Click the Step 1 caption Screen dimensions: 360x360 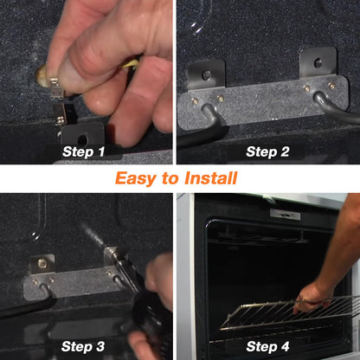tap(84, 151)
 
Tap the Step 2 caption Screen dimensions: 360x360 tap(267, 151)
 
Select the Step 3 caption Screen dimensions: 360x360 tap(83, 346)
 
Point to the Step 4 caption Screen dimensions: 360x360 tap(267, 346)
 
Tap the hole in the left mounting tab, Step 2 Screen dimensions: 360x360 tap(207, 75)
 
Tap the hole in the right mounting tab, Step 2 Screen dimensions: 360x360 tap(318, 62)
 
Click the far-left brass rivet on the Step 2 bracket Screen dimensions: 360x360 tap(196, 100)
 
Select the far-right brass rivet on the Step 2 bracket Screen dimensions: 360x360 tap(331, 86)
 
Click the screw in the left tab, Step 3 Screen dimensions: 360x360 tap(42, 263)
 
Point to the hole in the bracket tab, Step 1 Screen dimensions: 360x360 tap(83, 140)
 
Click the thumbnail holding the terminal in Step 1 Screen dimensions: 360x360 tap(42, 75)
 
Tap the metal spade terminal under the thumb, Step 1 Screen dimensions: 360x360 tap(56, 87)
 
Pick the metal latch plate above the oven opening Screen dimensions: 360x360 tap(285, 214)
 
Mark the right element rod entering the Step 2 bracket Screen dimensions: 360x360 tap(335, 106)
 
